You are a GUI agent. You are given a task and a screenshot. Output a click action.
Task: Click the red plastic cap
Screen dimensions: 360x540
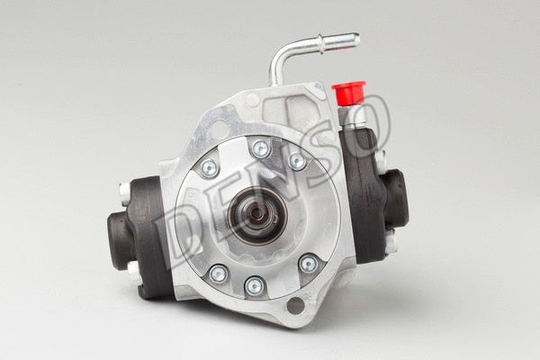pyautogui.click(x=348, y=92)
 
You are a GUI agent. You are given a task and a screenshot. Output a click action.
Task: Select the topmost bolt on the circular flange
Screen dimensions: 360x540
pyautogui.click(x=261, y=148)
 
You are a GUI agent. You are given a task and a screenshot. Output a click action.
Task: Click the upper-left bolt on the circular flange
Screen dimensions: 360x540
pyautogui.click(x=209, y=168)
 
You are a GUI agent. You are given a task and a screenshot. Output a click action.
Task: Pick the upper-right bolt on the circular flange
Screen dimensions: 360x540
pyautogui.click(x=296, y=161)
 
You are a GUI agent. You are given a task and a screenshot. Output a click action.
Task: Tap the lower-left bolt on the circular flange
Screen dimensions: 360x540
pyautogui.click(x=217, y=274)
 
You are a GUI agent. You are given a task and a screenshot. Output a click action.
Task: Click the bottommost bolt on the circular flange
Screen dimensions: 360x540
pyautogui.click(x=255, y=286)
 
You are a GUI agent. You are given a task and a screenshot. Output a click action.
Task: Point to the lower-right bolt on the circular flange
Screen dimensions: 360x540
pyautogui.click(x=308, y=264)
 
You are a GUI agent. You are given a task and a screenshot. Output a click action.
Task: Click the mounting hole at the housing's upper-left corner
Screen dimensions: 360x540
pyautogui.click(x=219, y=130)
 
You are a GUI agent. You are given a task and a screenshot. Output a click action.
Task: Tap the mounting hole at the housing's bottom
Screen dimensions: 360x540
pyautogui.click(x=294, y=305)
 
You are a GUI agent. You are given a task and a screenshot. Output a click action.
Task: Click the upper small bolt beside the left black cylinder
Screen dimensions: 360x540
pyautogui.click(x=124, y=192)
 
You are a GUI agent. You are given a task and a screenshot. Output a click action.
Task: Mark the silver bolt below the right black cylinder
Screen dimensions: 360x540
pyautogui.click(x=391, y=240)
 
